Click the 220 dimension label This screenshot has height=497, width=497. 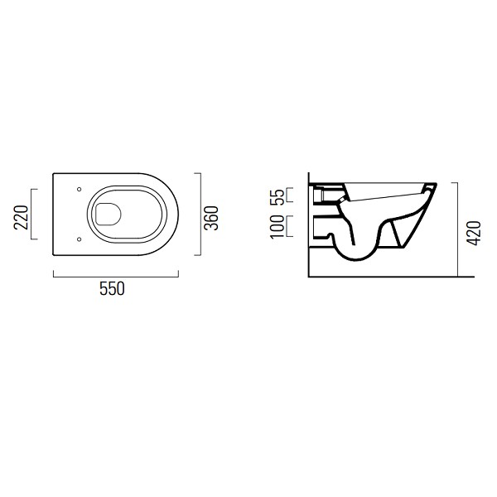tap(22, 215)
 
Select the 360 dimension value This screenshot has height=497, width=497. tap(211, 215)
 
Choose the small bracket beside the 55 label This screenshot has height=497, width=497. tap(290, 195)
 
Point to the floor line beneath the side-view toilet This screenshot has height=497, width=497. tap(381, 276)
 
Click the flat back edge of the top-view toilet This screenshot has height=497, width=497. tap(53, 215)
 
